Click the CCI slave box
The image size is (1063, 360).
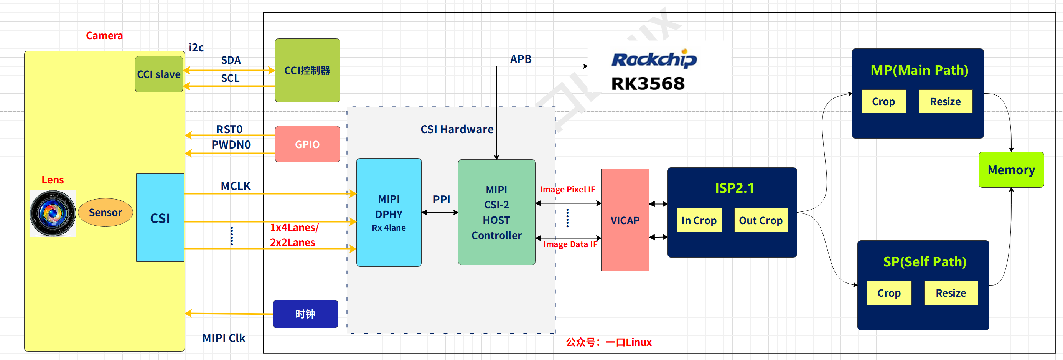(159, 74)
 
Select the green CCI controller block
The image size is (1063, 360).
(307, 71)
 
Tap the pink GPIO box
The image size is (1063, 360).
(307, 144)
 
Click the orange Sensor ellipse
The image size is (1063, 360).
(105, 213)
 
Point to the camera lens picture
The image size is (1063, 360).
(53, 213)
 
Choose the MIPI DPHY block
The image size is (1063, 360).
(389, 213)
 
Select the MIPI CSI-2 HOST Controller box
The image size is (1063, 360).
(496, 212)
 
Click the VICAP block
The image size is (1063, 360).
(625, 220)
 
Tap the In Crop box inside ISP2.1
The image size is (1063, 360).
(699, 220)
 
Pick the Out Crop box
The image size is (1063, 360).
(761, 220)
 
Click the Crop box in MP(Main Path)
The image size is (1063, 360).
(883, 102)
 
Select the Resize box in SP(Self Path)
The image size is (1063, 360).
(951, 293)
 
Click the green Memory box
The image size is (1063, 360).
(1011, 170)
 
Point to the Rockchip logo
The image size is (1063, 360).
(654, 59)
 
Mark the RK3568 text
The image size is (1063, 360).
(648, 84)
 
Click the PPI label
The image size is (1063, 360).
(441, 200)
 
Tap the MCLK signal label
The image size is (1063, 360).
(236, 186)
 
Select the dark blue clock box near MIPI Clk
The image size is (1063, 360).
(305, 314)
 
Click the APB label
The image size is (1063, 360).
(521, 59)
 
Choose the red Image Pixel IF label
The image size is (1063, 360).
(567, 189)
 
